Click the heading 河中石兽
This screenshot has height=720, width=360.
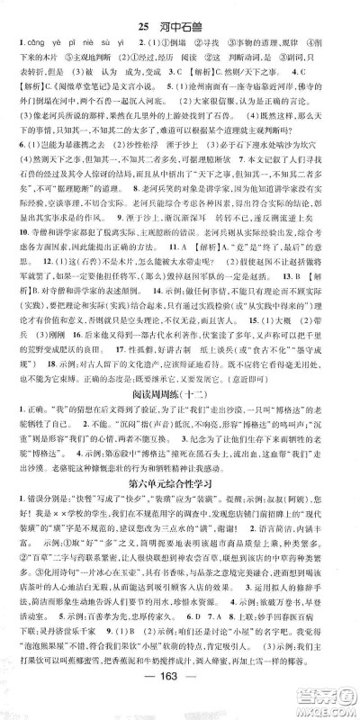(191, 12)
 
